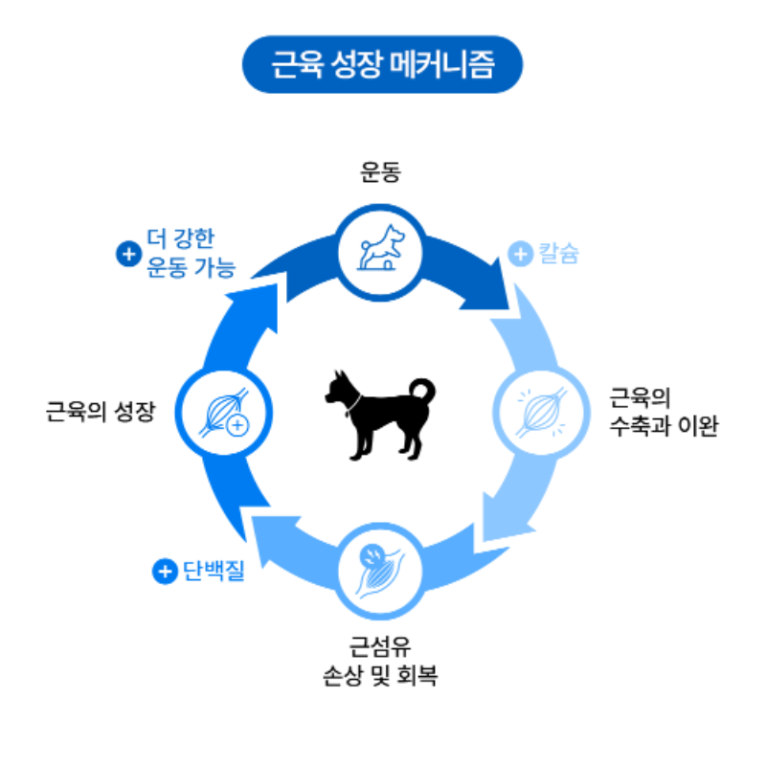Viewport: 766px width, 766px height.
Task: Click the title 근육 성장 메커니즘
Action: pos(382,64)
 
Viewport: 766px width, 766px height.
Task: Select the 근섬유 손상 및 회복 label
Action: pos(381,658)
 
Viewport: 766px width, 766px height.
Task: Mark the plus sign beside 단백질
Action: pos(165,572)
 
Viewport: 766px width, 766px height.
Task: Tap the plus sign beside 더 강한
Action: pos(126,254)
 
